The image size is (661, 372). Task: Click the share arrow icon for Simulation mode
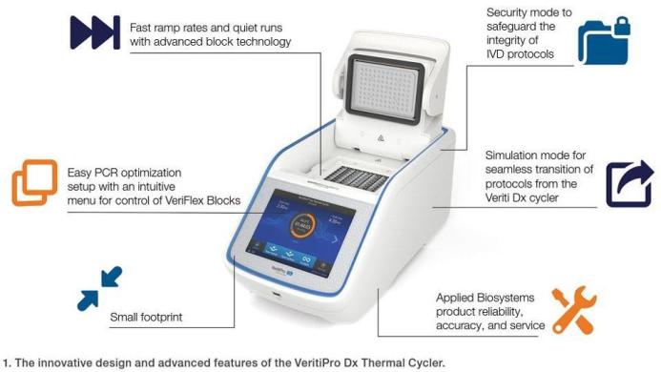pos(629,184)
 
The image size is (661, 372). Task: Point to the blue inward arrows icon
pos(99,287)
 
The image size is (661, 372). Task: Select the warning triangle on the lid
pos(380,138)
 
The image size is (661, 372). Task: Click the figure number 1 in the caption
pos(6,362)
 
